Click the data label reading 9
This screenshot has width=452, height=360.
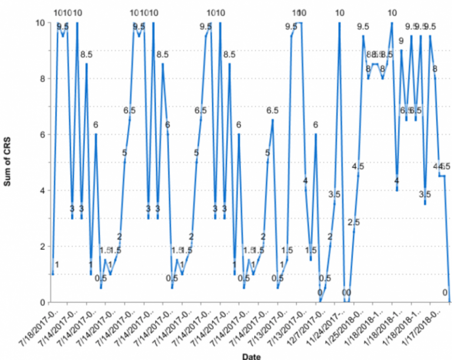[x=401, y=41]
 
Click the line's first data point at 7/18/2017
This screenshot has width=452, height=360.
[x=53, y=274]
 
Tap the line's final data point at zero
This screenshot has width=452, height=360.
[x=450, y=302]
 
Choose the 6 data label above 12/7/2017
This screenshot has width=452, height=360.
[x=315, y=124]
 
